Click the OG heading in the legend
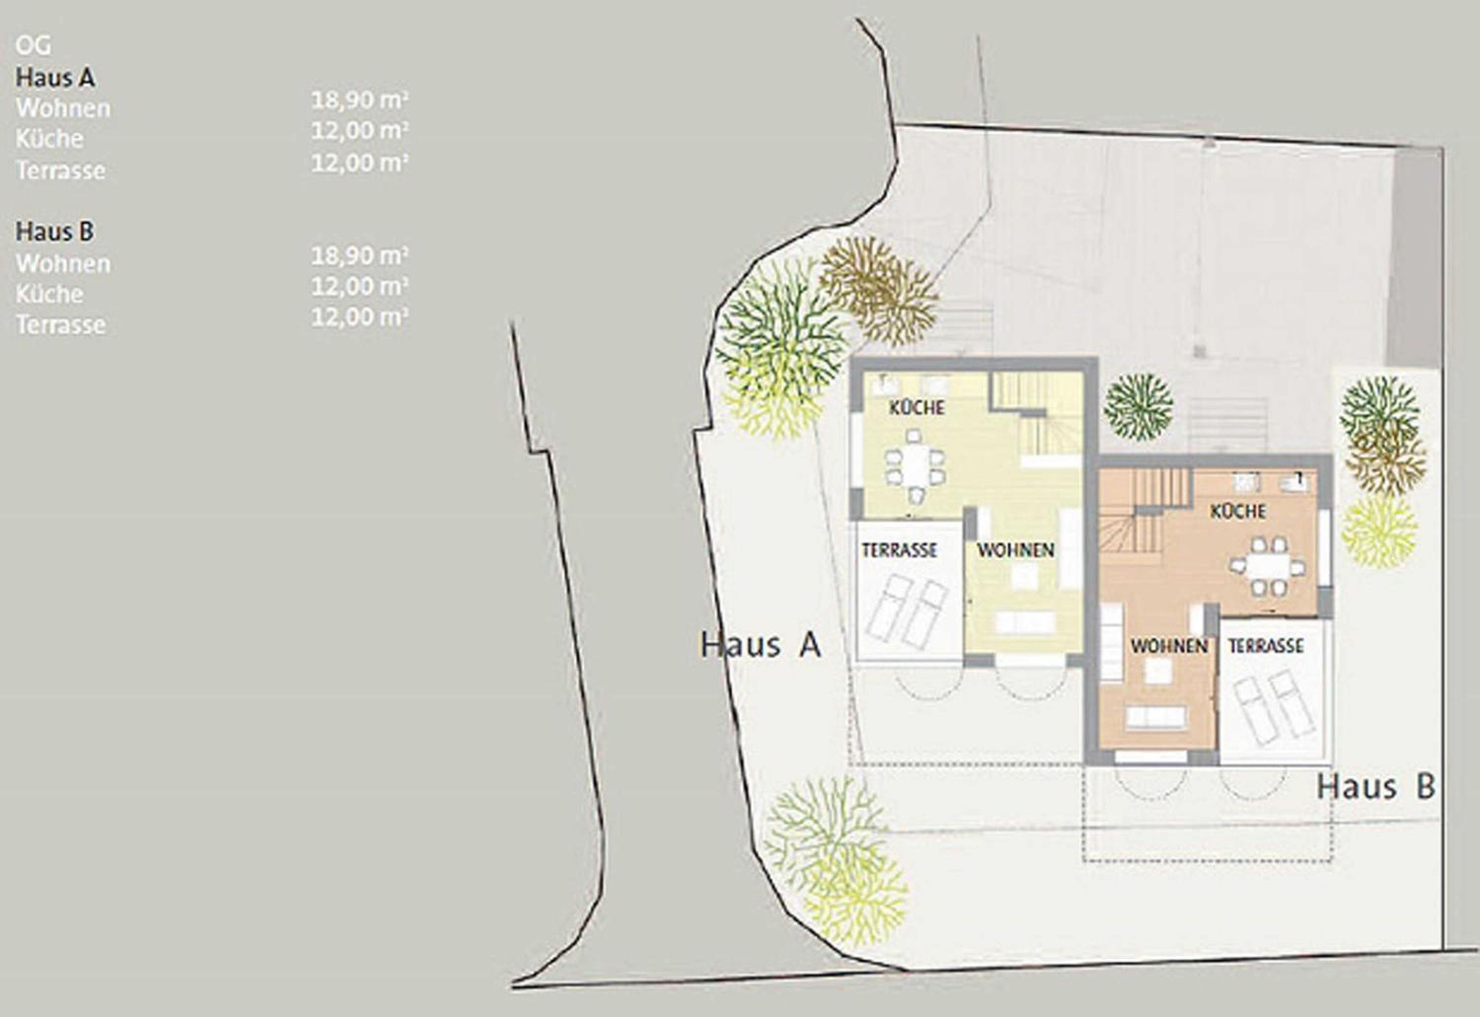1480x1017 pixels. click(33, 46)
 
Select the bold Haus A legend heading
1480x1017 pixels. click(55, 78)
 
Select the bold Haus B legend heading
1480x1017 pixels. click(55, 232)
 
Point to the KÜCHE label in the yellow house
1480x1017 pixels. click(917, 408)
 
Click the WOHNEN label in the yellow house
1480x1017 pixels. click(1016, 550)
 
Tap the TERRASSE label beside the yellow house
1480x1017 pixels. click(899, 550)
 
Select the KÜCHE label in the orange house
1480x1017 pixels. click(1238, 511)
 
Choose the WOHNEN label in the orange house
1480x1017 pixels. click(1170, 646)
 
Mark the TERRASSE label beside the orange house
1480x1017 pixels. click(1266, 646)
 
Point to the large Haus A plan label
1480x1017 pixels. click(760, 644)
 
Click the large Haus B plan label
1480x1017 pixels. click(1376, 786)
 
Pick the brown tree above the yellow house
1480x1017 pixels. click(878, 291)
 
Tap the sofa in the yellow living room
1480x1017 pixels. click(1026, 622)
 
